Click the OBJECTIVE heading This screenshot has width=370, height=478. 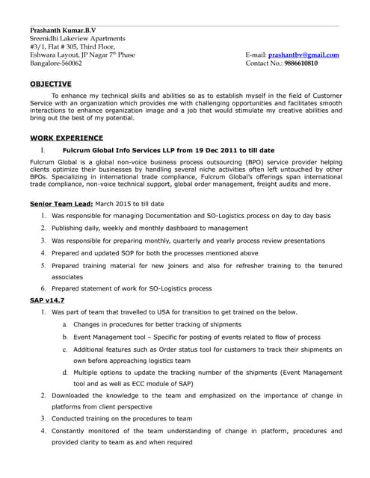click(51, 84)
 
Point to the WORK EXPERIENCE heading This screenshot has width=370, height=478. click(67, 137)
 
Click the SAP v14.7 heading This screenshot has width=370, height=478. click(47, 299)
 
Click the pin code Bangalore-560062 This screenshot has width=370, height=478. click(56, 63)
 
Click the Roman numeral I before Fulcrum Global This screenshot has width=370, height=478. click(43, 150)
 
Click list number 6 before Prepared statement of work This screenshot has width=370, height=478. click(44, 288)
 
